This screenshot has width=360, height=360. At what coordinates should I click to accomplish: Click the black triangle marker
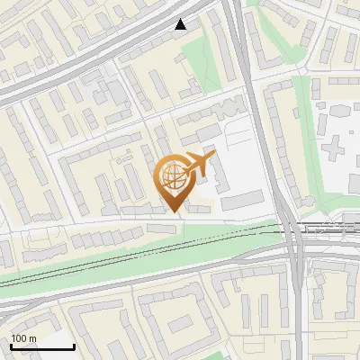click(x=181, y=25)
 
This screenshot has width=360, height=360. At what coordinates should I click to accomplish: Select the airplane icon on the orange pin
click(x=199, y=166)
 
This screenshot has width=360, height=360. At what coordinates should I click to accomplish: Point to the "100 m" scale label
click(x=23, y=338)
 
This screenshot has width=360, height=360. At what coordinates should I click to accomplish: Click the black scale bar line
click(x=42, y=346)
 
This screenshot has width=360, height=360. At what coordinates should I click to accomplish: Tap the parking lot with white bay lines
click(x=241, y=135)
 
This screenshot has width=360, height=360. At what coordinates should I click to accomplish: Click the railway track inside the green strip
click(x=135, y=262)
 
